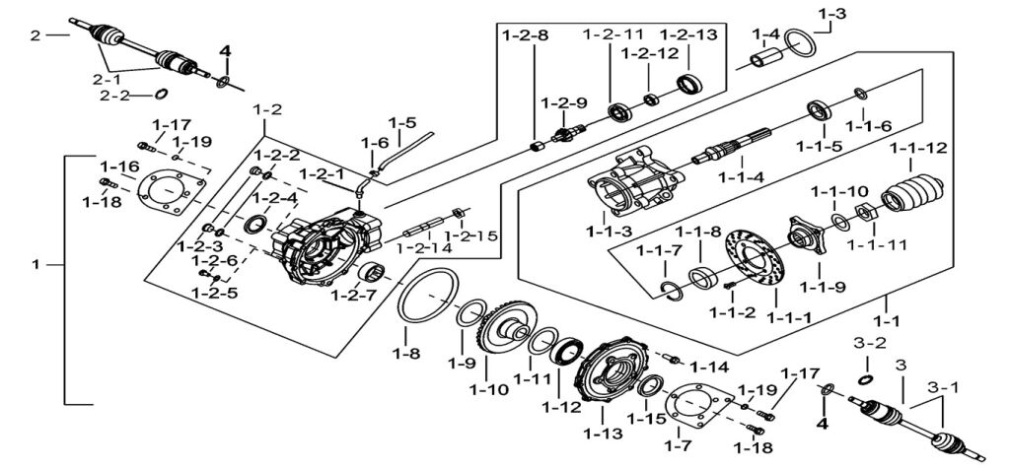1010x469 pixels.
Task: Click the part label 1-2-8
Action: (526, 36)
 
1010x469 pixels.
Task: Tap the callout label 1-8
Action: (406, 352)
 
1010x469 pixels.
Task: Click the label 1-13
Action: (603, 433)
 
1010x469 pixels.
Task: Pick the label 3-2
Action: (863, 344)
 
